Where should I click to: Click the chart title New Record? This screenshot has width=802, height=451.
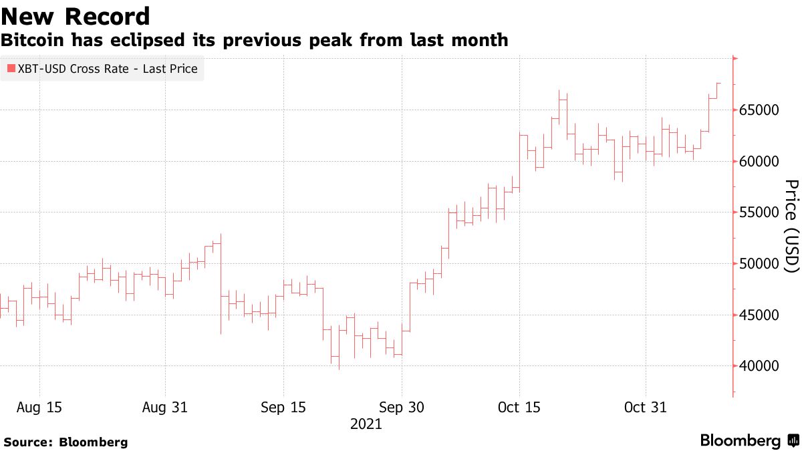pyautogui.click(x=75, y=16)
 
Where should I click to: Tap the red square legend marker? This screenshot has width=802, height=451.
pyautogui.click(x=11, y=69)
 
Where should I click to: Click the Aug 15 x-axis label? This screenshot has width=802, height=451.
pyautogui.click(x=39, y=407)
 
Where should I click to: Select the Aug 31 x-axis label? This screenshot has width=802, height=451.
pyautogui.click(x=164, y=407)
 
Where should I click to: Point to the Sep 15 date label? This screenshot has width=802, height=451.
pyautogui.click(x=283, y=407)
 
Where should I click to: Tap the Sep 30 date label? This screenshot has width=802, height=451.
pyautogui.click(x=401, y=407)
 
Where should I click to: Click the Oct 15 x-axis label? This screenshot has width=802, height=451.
pyautogui.click(x=519, y=407)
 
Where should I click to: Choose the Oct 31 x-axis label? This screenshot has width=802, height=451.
pyautogui.click(x=645, y=407)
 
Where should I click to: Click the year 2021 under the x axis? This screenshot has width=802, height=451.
pyautogui.click(x=366, y=424)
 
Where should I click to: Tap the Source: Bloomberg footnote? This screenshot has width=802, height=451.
pyautogui.click(x=65, y=442)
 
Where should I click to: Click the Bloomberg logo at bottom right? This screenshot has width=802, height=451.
pyautogui.click(x=749, y=441)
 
